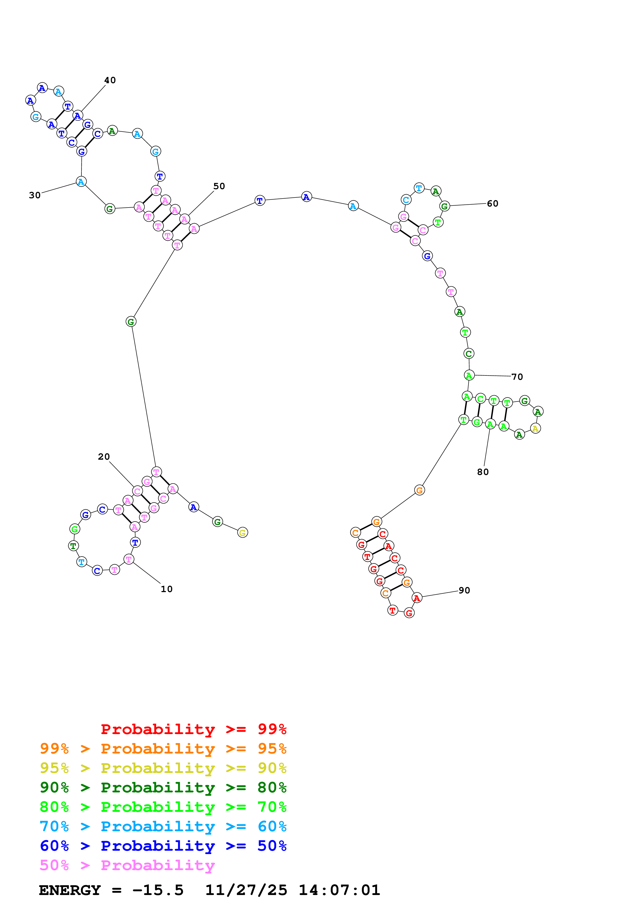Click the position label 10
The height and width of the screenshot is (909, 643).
coord(167,589)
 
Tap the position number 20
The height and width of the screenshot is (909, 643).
coord(104,457)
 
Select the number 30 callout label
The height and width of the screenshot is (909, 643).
coord(35,195)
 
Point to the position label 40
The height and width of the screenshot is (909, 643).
coord(110,80)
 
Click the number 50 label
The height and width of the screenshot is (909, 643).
coord(219,186)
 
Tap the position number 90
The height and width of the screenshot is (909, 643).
coord(464,590)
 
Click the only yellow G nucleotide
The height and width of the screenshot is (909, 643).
coord(243,532)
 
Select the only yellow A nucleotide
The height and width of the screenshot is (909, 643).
coord(535,428)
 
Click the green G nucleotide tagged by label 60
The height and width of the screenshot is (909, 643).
coord(445,206)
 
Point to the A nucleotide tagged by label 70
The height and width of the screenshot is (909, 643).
coord(469,375)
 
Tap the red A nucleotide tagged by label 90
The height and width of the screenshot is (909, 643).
coord(417,598)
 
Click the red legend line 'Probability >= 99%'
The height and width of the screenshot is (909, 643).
coord(193,729)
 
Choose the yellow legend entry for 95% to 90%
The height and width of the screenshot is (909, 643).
coord(163,768)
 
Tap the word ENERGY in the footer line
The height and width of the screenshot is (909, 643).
coord(70,890)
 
